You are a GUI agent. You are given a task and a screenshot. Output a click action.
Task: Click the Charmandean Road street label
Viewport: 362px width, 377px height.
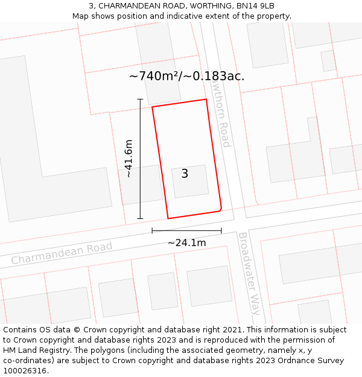point(62,253)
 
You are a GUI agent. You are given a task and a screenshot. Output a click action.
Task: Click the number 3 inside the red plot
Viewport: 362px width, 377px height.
point(185,174)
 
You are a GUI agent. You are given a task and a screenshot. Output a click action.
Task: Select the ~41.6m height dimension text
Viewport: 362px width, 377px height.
point(128,158)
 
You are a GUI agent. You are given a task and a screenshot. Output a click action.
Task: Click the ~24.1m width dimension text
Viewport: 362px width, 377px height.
point(186,242)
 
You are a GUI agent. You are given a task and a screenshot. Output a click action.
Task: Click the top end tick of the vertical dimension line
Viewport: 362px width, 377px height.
point(140,100)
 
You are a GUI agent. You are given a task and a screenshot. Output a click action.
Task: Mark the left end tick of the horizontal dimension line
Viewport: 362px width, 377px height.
point(152,230)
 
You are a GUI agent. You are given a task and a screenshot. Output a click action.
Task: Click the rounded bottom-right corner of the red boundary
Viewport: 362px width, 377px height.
point(221,209)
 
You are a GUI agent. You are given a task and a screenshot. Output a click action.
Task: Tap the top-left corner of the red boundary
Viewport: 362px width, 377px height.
point(152,107)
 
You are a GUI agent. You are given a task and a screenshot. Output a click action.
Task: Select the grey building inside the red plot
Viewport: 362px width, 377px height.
point(190,181)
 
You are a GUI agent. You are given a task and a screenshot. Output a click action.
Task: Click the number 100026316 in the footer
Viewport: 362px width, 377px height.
point(24,371)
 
